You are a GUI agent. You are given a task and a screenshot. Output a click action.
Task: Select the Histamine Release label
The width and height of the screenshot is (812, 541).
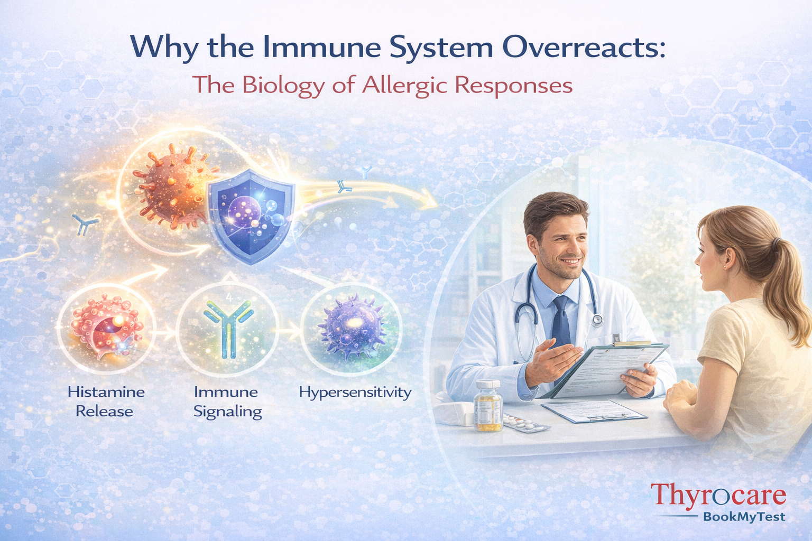[106, 402]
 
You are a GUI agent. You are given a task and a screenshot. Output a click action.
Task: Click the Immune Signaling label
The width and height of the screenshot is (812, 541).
[227, 402]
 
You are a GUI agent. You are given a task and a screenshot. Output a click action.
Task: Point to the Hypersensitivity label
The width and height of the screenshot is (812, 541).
[355, 393]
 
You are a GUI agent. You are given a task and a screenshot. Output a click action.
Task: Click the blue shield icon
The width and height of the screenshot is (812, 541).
[252, 217]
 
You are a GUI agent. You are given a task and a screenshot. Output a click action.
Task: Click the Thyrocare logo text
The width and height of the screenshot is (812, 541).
[718, 496]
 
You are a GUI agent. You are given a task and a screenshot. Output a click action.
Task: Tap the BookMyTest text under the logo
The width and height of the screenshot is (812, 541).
[744, 517]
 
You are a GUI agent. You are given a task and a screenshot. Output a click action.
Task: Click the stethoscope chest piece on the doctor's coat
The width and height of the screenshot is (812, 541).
[597, 319]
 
